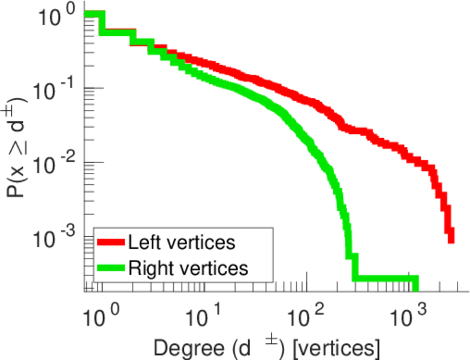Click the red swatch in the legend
point(111,243)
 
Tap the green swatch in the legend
point(111,268)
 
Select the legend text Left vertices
point(181,243)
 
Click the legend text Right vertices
point(187,268)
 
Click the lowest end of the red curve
point(451,239)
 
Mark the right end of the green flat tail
point(415,279)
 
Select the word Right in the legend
point(147,268)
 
